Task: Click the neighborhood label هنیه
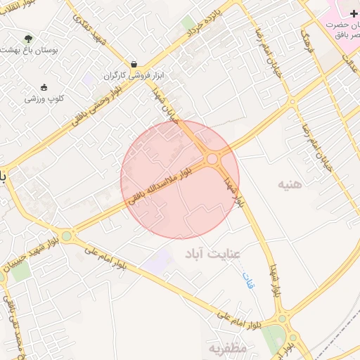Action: pyautogui.click(x=290, y=185)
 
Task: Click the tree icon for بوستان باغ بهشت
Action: pyautogui.click(x=28, y=39)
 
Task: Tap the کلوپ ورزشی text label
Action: pyautogui.click(x=45, y=99)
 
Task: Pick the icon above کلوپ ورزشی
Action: pyautogui.click(x=45, y=87)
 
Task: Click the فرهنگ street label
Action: pyautogui.click(x=307, y=42)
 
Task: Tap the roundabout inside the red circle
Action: pyautogui.click(x=213, y=159)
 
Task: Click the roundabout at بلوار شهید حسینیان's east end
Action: pyautogui.click(x=67, y=236)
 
